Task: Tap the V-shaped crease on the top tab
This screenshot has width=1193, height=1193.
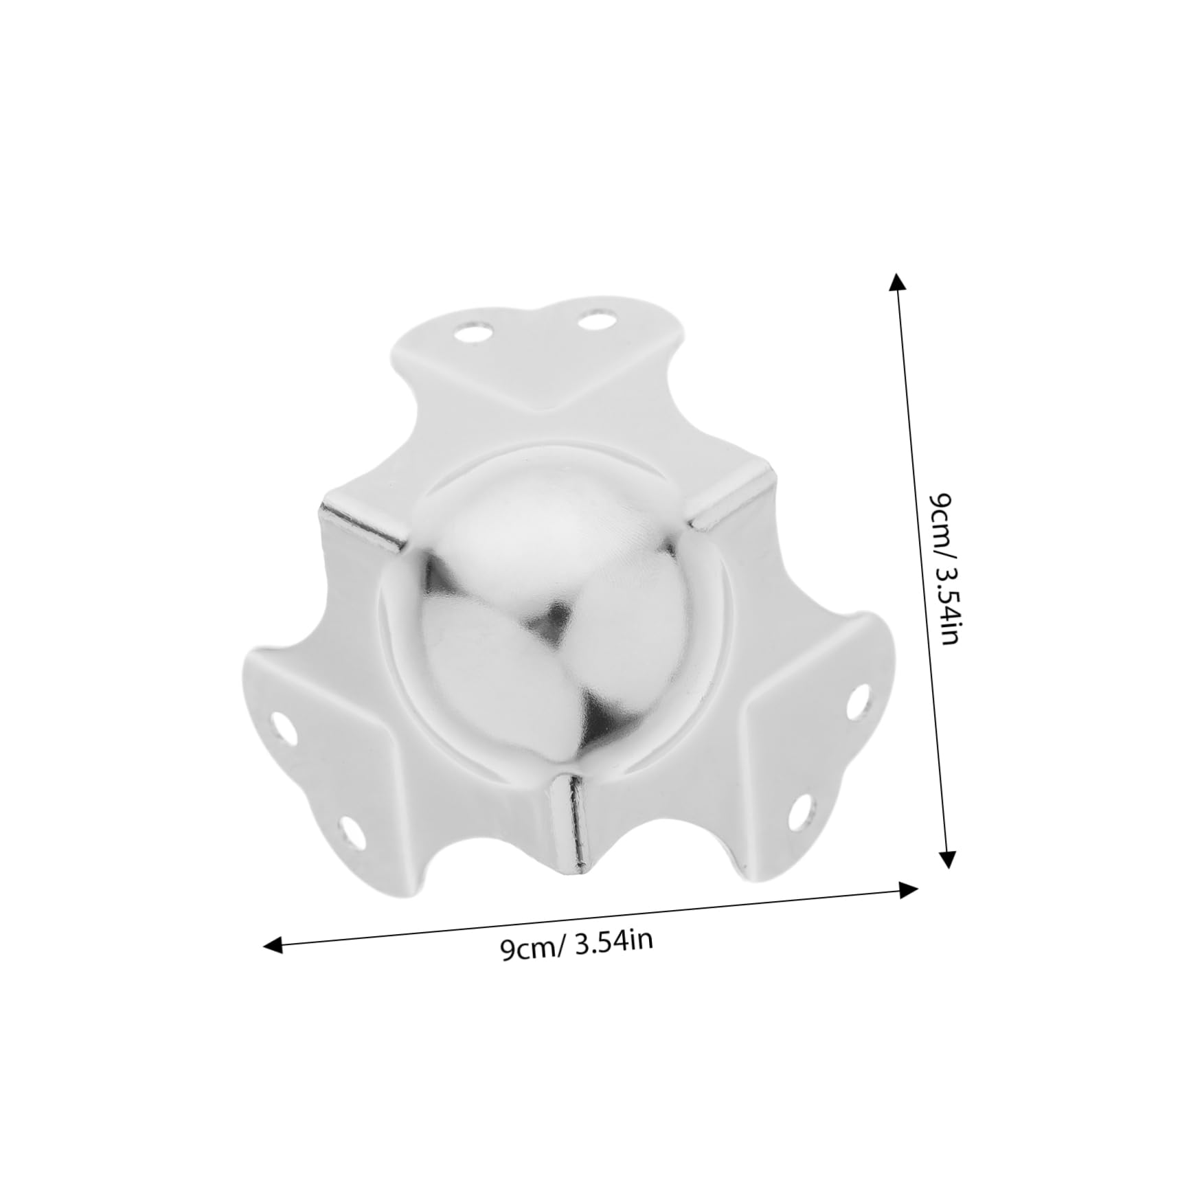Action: pos(547,405)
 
